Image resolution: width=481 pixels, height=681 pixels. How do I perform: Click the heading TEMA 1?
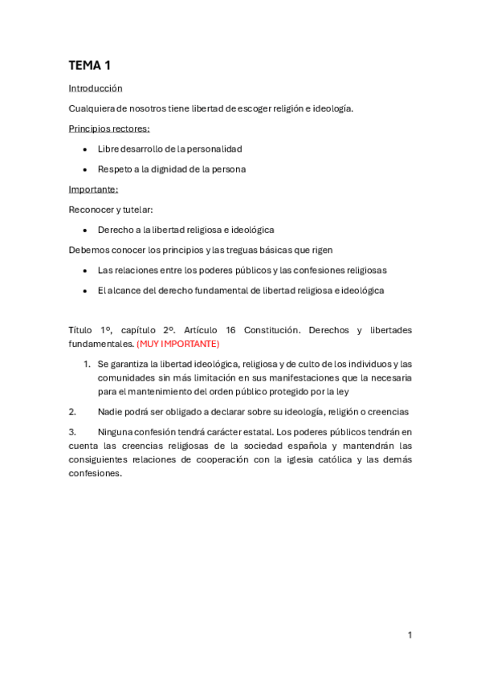click(95, 66)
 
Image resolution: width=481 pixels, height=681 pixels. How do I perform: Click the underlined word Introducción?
click(96, 88)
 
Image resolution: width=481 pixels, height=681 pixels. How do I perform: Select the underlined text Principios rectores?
click(109, 128)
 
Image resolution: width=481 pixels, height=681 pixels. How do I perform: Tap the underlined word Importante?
click(93, 190)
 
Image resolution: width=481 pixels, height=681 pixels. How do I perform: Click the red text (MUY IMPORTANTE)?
click(177, 344)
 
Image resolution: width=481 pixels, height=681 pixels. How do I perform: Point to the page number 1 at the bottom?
click(410, 635)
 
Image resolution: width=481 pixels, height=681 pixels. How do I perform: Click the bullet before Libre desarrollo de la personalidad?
click(85, 149)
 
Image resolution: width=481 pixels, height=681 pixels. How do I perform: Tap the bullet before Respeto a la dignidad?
click(85, 169)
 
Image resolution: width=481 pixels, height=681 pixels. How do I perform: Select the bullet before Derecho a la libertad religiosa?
click(85, 230)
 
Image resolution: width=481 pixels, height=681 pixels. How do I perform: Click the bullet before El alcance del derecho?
click(85, 291)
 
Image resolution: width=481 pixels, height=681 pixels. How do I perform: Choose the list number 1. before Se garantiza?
click(87, 364)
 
